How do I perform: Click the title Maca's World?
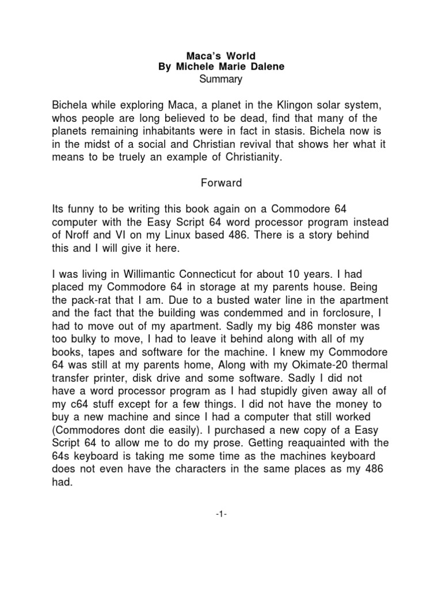(220, 56)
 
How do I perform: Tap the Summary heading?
(220, 79)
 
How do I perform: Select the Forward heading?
(220, 184)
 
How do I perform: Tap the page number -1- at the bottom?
(220, 513)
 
